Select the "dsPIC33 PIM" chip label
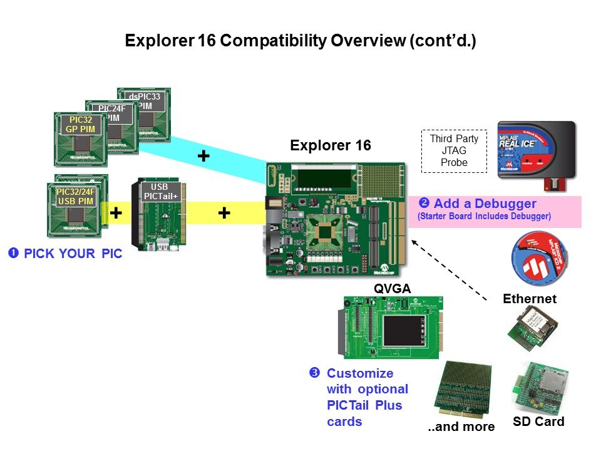(144, 101)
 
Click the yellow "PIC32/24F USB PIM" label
(75, 196)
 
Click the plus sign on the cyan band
(203, 156)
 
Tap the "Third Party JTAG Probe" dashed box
(454, 151)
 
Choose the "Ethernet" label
(530, 299)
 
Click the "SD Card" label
(538, 421)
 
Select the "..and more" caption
(461, 427)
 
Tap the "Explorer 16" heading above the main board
(330, 146)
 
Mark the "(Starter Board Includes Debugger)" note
(484, 217)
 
